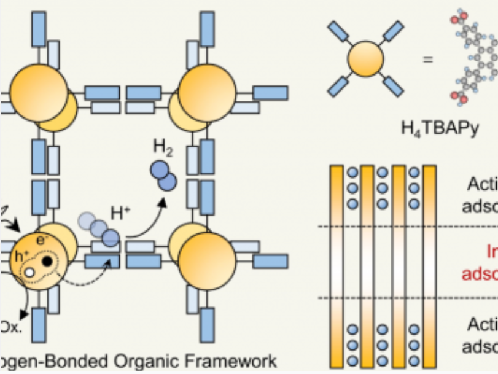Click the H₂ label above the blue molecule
[163, 148]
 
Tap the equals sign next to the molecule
[426, 60]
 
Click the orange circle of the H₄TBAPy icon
[365, 60]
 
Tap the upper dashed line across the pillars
[405, 227]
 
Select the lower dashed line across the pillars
[405, 298]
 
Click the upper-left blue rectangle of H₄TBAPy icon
[338, 33]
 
